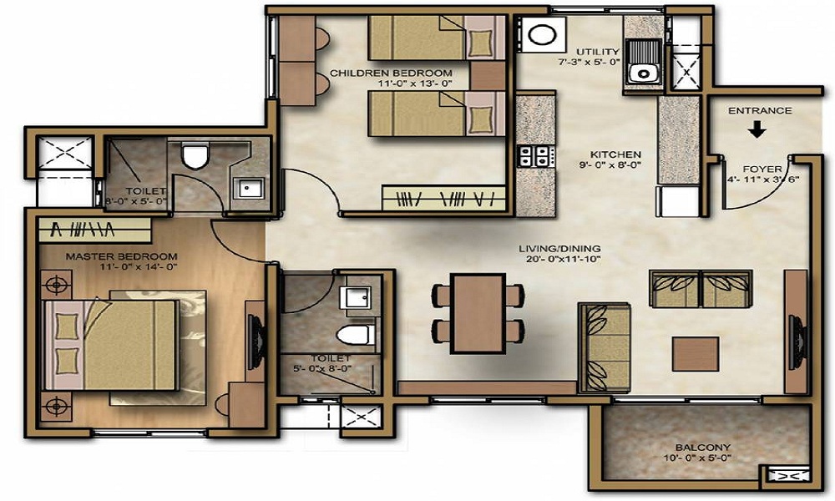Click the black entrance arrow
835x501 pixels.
757,129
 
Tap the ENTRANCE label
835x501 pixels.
760,111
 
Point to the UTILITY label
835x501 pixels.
598,52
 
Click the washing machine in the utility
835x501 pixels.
544,34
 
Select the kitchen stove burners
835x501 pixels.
534,156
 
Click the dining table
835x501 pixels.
478,313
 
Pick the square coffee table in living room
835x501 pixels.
696,353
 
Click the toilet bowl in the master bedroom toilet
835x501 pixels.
194,155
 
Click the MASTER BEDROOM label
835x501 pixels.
121,256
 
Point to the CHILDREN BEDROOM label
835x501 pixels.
392,73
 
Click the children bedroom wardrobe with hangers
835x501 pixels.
443,198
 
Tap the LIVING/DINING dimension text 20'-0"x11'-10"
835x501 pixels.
560,260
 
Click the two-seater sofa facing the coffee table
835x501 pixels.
701,289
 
